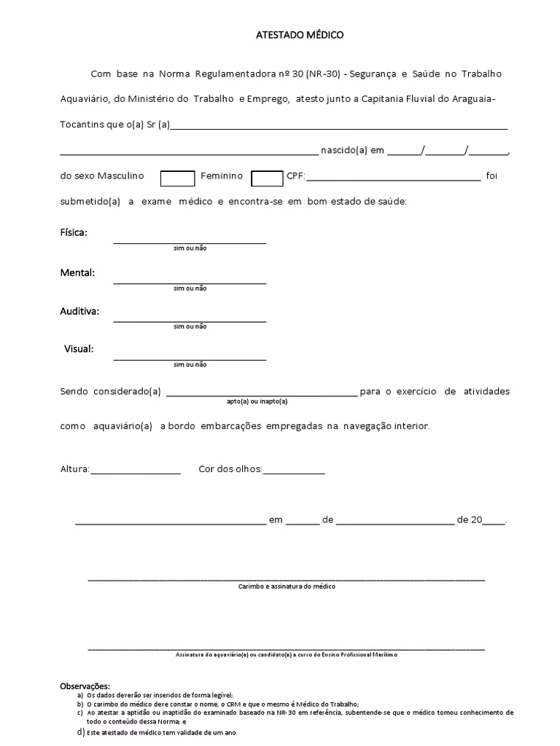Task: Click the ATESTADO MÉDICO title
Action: [x=300, y=34]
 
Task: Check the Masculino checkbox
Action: [x=177, y=178]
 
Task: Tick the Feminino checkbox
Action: [x=267, y=178]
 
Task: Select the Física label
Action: [x=74, y=232]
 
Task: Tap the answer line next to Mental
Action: [x=190, y=280]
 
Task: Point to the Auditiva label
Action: [x=79, y=311]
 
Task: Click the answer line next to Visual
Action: [x=190, y=357]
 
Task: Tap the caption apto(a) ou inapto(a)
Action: [x=257, y=401]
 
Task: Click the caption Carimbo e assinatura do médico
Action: [x=287, y=586]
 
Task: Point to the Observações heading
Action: [x=85, y=686]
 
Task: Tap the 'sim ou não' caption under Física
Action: [x=190, y=248]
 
